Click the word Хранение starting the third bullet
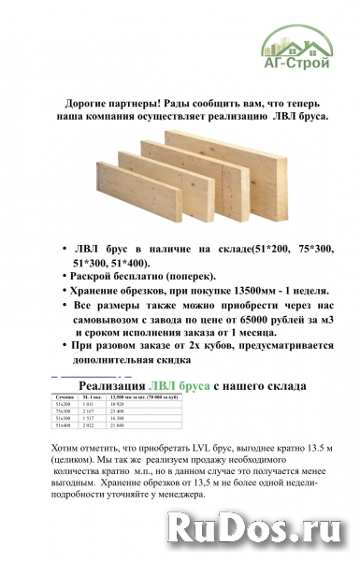104,290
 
